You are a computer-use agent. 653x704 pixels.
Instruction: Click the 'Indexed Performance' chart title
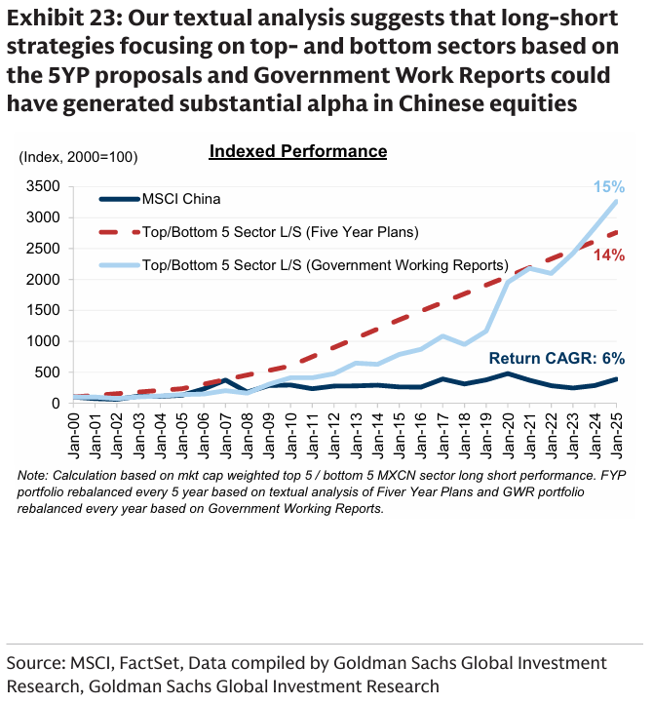point(298,151)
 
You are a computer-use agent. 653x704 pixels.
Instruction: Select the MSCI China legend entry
point(181,199)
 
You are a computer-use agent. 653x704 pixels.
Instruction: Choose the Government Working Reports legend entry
point(325,263)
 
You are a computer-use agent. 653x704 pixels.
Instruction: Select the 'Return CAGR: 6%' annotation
point(557,358)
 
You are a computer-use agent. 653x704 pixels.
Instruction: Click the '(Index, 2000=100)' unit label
point(78,156)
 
